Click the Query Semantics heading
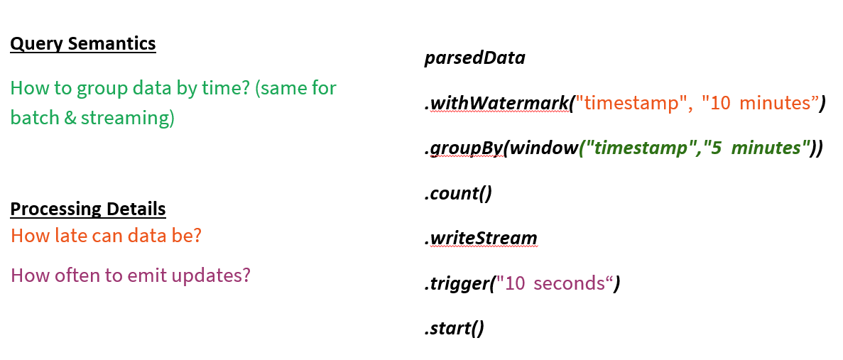[x=82, y=44]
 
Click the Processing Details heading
[x=88, y=209]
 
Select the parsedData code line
[x=474, y=58]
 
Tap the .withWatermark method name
[x=496, y=103]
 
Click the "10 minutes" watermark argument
[x=759, y=103]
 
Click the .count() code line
[x=458, y=193]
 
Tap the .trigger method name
[x=457, y=283]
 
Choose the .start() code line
[x=454, y=329]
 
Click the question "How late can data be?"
[x=106, y=236]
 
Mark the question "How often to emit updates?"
[x=131, y=275]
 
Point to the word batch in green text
[x=33, y=118]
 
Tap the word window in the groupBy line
[x=543, y=148]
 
